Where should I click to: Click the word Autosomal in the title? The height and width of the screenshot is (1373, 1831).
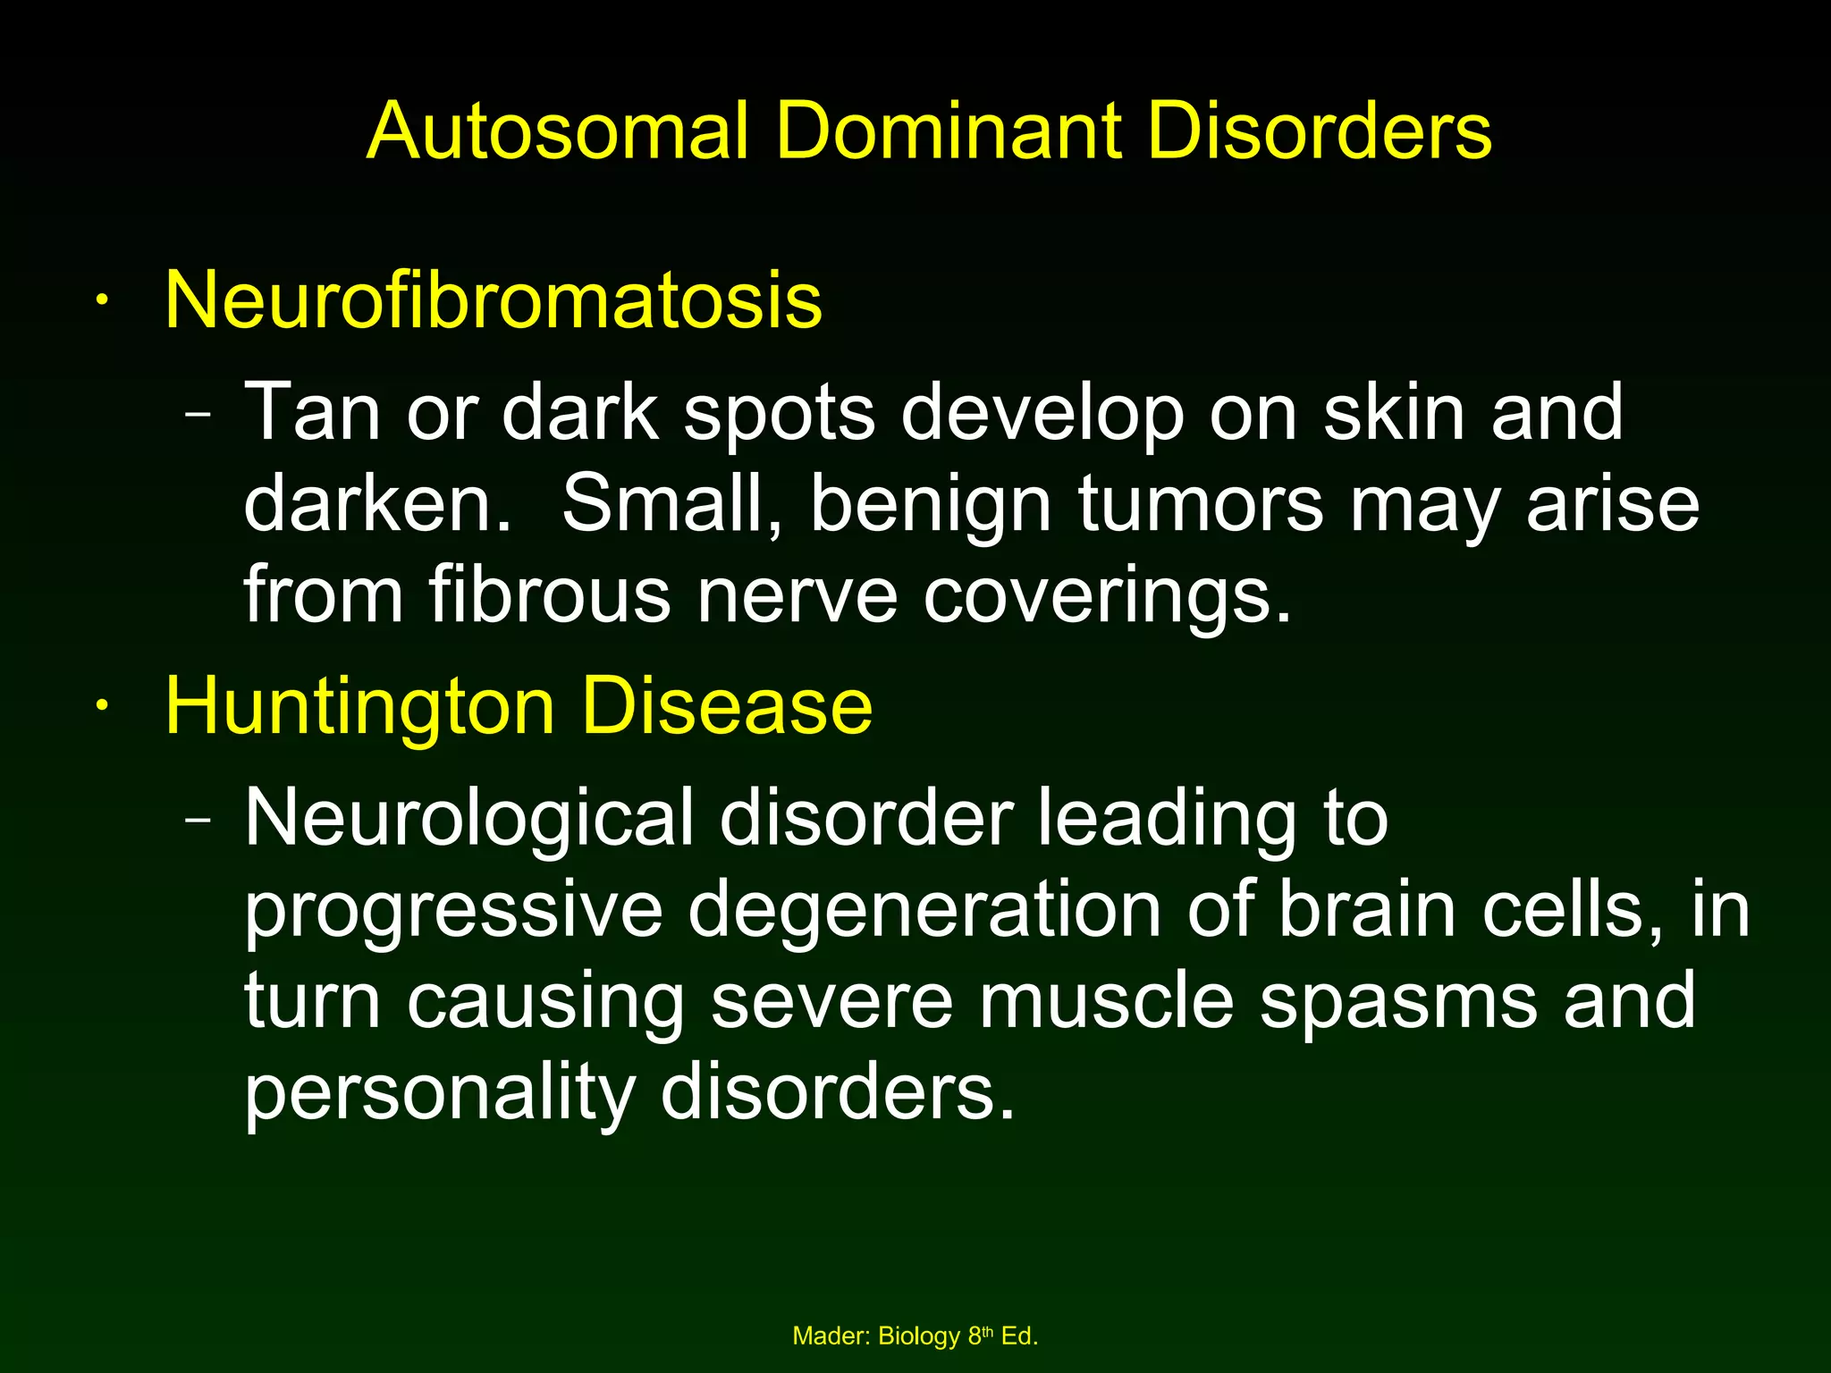557,131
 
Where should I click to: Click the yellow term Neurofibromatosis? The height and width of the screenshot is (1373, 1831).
494,300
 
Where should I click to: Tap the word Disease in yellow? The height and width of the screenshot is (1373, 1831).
726,707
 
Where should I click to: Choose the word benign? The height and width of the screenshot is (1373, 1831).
930,505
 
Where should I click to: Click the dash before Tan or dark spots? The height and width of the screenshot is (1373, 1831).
198,415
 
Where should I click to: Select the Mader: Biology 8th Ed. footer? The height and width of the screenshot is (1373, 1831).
915,1336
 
